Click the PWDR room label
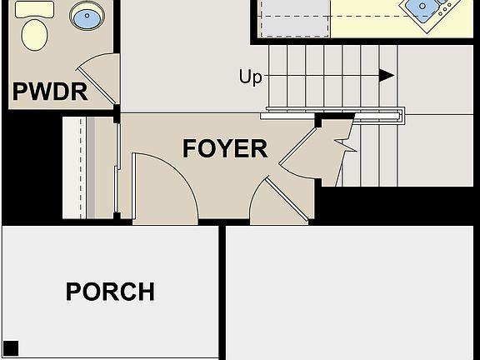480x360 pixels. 50,91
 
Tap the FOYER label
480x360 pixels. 225,148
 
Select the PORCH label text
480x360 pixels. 110,292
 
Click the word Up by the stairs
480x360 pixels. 250,77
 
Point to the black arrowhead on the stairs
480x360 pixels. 387,76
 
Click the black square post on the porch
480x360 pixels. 11,347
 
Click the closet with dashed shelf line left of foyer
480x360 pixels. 87,167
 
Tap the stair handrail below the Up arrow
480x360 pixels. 333,112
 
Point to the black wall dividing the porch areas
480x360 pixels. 222,292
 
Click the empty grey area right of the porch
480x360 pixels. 350,292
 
